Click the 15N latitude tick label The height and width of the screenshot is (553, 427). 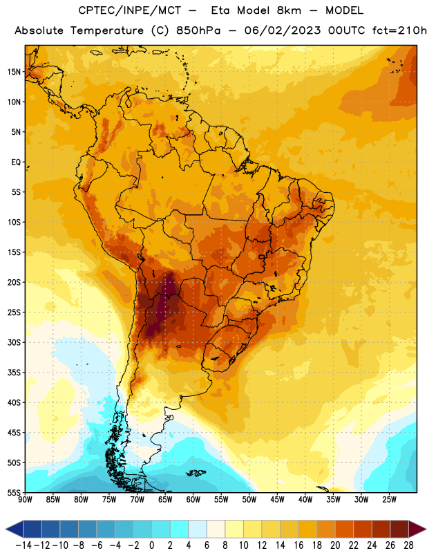[14, 72]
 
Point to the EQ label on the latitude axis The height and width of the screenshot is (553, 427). [16, 162]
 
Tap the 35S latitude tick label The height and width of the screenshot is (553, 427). [14, 373]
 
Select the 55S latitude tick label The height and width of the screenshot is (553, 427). [14, 492]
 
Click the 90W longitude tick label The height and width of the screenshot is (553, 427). [25, 500]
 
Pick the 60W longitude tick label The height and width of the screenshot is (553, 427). [193, 500]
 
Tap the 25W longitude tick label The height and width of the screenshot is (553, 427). [389, 500]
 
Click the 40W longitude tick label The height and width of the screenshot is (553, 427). [305, 500]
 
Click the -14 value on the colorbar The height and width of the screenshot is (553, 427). [23, 545]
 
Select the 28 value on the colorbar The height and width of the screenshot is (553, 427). [408, 545]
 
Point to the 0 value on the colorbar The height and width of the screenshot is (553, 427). [151, 545]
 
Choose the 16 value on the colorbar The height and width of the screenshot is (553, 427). [298, 545]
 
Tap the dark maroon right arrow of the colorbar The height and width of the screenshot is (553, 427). [417, 529]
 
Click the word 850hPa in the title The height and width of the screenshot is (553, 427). [198, 30]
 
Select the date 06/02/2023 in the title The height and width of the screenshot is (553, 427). [283, 30]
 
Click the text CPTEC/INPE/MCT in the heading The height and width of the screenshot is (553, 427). [130, 10]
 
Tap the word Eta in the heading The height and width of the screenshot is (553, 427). [220, 10]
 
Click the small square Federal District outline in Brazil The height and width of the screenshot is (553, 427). [262, 256]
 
